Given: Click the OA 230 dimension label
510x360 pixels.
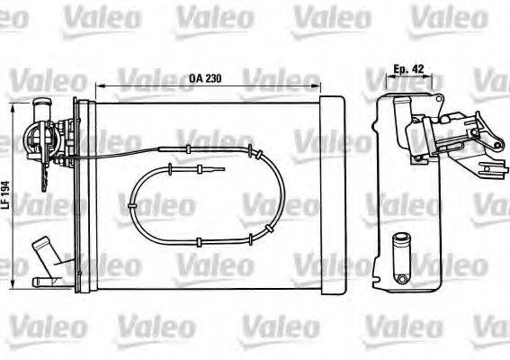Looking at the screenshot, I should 206,77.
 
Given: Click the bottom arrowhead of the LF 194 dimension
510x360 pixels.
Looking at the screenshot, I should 13,285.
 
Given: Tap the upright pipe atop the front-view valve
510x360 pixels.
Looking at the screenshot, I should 40,112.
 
